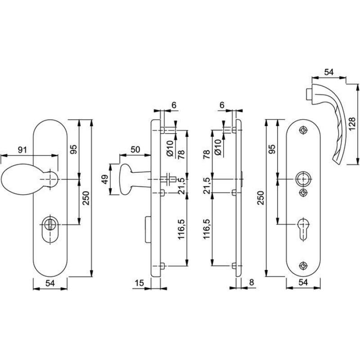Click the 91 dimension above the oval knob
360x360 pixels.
[x=22, y=150]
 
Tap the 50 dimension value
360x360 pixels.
[x=135, y=149]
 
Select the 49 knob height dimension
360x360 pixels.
[x=104, y=179]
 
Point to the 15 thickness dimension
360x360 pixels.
[x=139, y=283]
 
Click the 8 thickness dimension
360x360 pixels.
[x=252, y=283]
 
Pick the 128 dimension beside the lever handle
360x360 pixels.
[x=352, y=124]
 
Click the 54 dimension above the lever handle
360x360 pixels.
[x=329, y=72]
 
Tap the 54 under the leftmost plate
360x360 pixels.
[x=50, y=283]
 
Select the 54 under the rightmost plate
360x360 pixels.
[x=303, y=283]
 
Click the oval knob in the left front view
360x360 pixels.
[x=29, y=179]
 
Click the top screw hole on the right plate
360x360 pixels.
[x=303, y=130]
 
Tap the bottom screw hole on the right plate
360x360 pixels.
[x=303, y=265]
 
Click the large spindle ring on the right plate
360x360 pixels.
[x=303, y=179]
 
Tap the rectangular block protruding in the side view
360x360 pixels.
[x=148, y=229]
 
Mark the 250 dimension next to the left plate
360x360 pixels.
[x=86, y=198]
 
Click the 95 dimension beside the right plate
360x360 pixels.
[x=272, y=149]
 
